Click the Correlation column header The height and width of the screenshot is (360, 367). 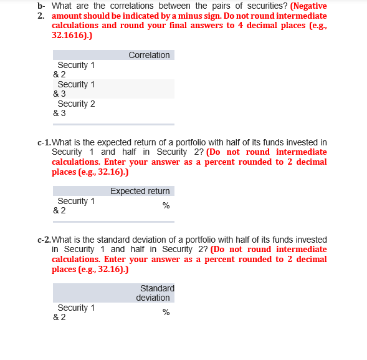tap(149, 56)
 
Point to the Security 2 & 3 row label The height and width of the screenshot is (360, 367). tap(74, 109)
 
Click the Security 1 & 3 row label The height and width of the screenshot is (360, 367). tap(74, 89)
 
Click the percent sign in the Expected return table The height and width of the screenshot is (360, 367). tap(166, 206)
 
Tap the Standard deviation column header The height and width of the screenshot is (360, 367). tap(156, 293)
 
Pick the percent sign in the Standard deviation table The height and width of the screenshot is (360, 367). tap(166, 313)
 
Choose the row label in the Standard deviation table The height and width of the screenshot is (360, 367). tap(74, 313)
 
